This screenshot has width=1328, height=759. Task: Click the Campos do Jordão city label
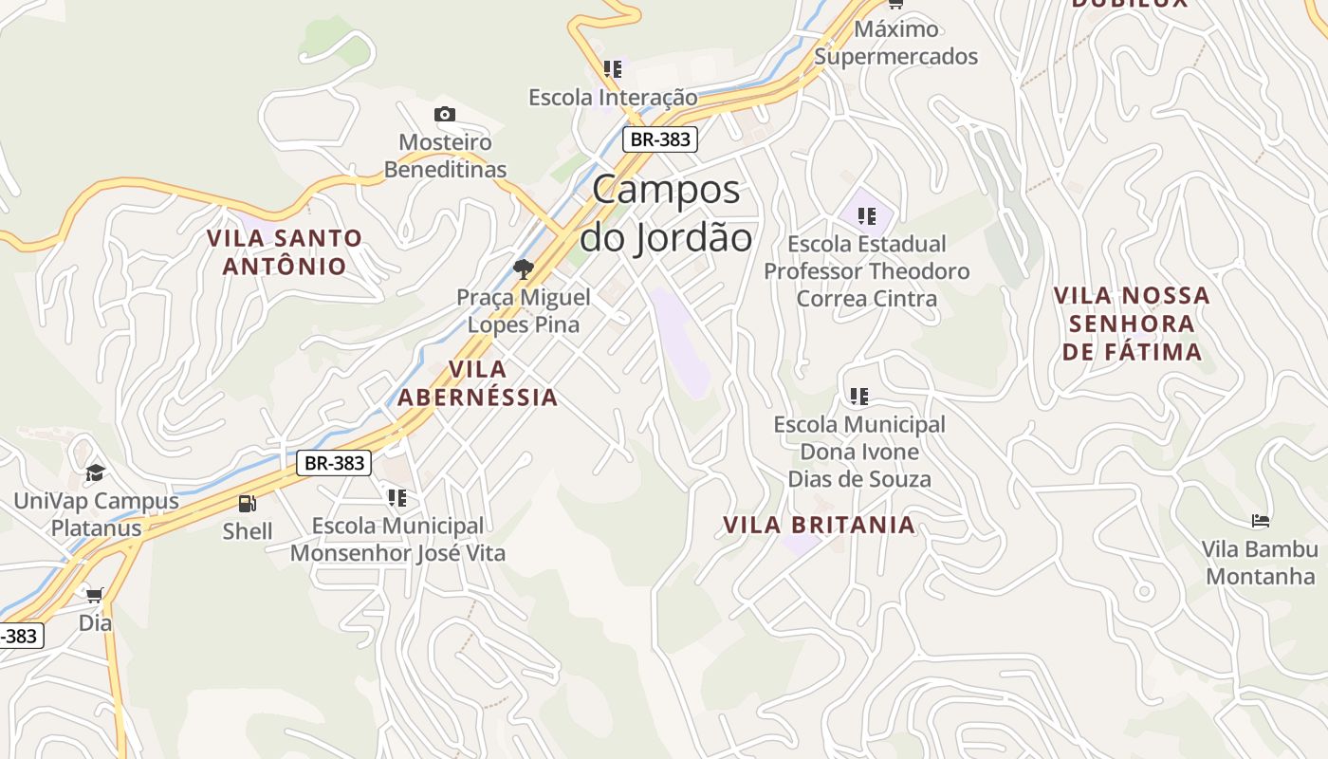coord(666,213)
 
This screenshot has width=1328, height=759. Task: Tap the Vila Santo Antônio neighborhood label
coord(285,251)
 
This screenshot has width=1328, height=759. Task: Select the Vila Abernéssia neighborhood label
coord(477,382)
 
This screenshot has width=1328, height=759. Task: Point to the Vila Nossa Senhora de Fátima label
coord(1132,324)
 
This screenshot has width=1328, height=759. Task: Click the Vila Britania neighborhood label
coord(819,525)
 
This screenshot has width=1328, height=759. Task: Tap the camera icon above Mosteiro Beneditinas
coord(445,115)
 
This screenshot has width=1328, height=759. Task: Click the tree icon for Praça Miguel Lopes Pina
coord(523,269)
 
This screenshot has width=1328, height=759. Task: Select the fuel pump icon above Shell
coord(248,504)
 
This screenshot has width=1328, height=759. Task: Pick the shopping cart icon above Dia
coord(94,596)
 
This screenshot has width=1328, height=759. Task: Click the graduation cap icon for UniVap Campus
coord(95,472)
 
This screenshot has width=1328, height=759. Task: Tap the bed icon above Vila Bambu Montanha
coord(1261,521)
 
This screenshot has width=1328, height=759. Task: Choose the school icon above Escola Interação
coord(613,69)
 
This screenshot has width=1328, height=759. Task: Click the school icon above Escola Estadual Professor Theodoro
coord(866,216)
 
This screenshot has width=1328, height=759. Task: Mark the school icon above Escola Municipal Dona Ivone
coord(859,397)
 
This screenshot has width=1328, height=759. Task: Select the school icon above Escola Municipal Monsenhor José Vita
coord(397,498)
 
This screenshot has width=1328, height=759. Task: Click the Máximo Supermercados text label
coord(895,43)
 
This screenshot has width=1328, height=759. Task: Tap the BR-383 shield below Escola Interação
coord(660,139)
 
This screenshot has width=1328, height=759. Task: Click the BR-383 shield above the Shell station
coord(334,463)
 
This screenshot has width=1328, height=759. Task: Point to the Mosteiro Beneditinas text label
coord(445,156)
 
